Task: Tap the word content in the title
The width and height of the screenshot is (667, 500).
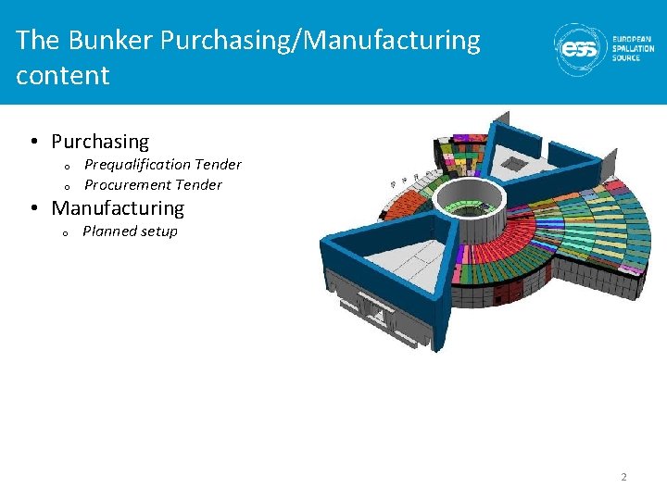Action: tap(62, 75)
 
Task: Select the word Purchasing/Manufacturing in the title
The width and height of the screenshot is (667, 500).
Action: tap(321, 41)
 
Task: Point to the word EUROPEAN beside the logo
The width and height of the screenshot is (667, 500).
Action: tap(632, 40)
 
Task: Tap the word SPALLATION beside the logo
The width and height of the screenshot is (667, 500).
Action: tap(634, 49)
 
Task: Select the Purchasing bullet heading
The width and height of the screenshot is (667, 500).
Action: tap(100, 142)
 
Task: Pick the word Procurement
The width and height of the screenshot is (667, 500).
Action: tap(117, 185)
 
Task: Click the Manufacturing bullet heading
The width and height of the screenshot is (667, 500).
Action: tap(118, 208)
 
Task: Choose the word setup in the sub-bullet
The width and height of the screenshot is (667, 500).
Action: tap(157, 231)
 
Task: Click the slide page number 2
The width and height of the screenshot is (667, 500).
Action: tap(623, 477)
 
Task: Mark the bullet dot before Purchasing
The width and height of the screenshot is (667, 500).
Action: tap(32, 142)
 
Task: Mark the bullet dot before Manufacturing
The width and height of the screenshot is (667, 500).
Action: tap(32, 208)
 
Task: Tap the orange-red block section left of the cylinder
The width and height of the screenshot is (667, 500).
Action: tap(409, 217)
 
